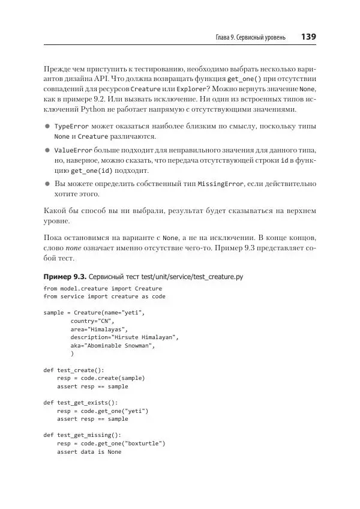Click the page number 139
point(308,37)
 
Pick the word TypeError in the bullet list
point(71,127)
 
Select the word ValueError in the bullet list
point(73,150)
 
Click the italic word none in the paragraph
point(74,247)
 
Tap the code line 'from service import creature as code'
point(104,297)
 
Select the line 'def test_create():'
point(74,370)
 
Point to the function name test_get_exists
point(85,402)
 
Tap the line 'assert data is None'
point(89,451)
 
